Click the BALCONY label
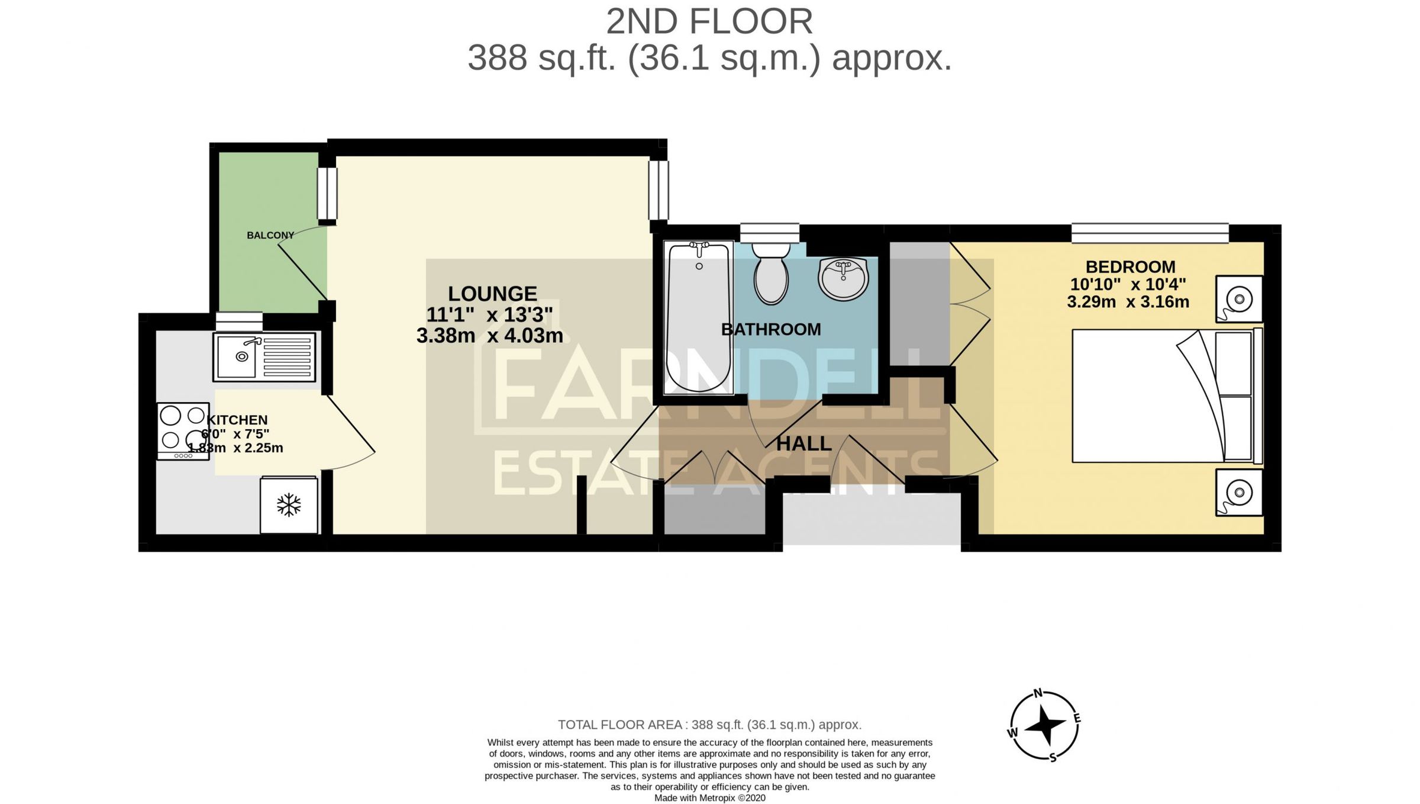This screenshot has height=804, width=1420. coord(270,235)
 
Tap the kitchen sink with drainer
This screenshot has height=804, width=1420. coord(264,356)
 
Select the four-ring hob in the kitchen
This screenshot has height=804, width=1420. coord(183,430)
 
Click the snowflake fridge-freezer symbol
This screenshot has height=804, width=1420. coord(289,505)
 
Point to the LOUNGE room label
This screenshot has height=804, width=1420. coord(492,294)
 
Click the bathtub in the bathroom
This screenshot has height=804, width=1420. coord(698,318)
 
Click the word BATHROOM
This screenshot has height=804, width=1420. coord(771,329)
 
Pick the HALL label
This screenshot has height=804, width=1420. coord(803,443)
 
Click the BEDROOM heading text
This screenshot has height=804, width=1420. coord(1130,267)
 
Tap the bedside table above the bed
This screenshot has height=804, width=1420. coord(1239,299)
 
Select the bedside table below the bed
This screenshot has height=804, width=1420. coord(1239,492)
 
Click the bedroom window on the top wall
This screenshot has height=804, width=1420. coord(1150,233)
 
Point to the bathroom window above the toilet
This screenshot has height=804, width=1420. coord(769,232)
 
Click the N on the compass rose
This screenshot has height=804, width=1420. coord(1038,693)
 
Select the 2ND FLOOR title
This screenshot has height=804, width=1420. coord(709,22)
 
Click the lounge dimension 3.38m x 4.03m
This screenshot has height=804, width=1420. coord(489,336)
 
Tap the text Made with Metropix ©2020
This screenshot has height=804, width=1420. coord(709,798)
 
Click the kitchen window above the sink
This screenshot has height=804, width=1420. coord(238,321)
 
